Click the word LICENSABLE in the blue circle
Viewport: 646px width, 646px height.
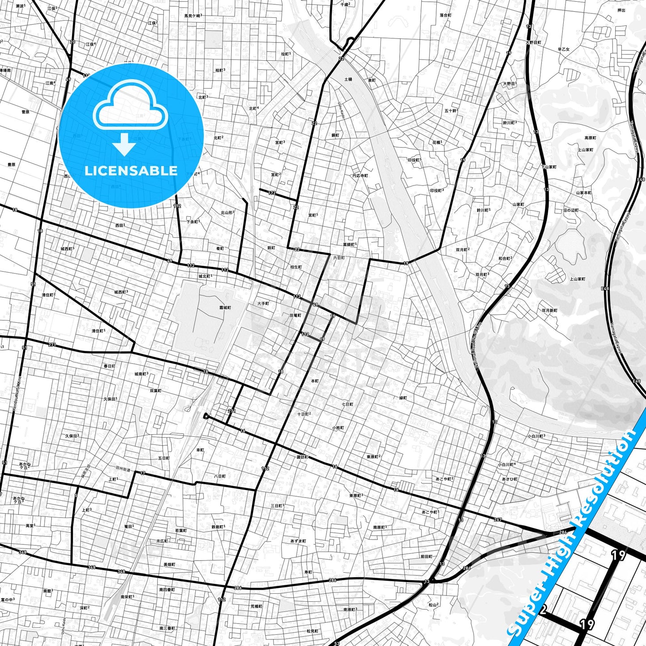click(x=131, y=170)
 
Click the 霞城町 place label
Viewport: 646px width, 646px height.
click(x=225, y=308)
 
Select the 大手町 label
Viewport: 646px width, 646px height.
click(x=263, y=304)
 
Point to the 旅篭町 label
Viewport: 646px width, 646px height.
click(x=295, y=315)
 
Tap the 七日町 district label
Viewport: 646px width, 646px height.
click(x=347, y=404)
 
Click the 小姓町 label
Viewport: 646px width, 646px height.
click(x=338, y=428)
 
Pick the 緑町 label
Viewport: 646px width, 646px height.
click(x=403, y=397)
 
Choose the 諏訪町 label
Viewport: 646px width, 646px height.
click(x=302, y=457)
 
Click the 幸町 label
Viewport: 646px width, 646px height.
click(x=200, y=450)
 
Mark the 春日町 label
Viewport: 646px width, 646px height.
click(x=110, y=366)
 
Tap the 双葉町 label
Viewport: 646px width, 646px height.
click(x=156, y=390)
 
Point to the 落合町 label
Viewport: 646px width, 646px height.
click(x=445, y=15)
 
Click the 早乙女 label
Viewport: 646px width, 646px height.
click(x=563, y=49)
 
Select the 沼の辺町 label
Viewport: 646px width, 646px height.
click(x=571, y=210)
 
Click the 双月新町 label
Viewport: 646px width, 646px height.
click(x=549, y=310)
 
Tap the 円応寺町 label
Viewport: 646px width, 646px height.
click(x=360, y=176)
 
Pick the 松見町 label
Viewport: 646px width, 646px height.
click(x=312, y=631)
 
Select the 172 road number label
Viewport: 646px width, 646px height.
click(x=272, y=193)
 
